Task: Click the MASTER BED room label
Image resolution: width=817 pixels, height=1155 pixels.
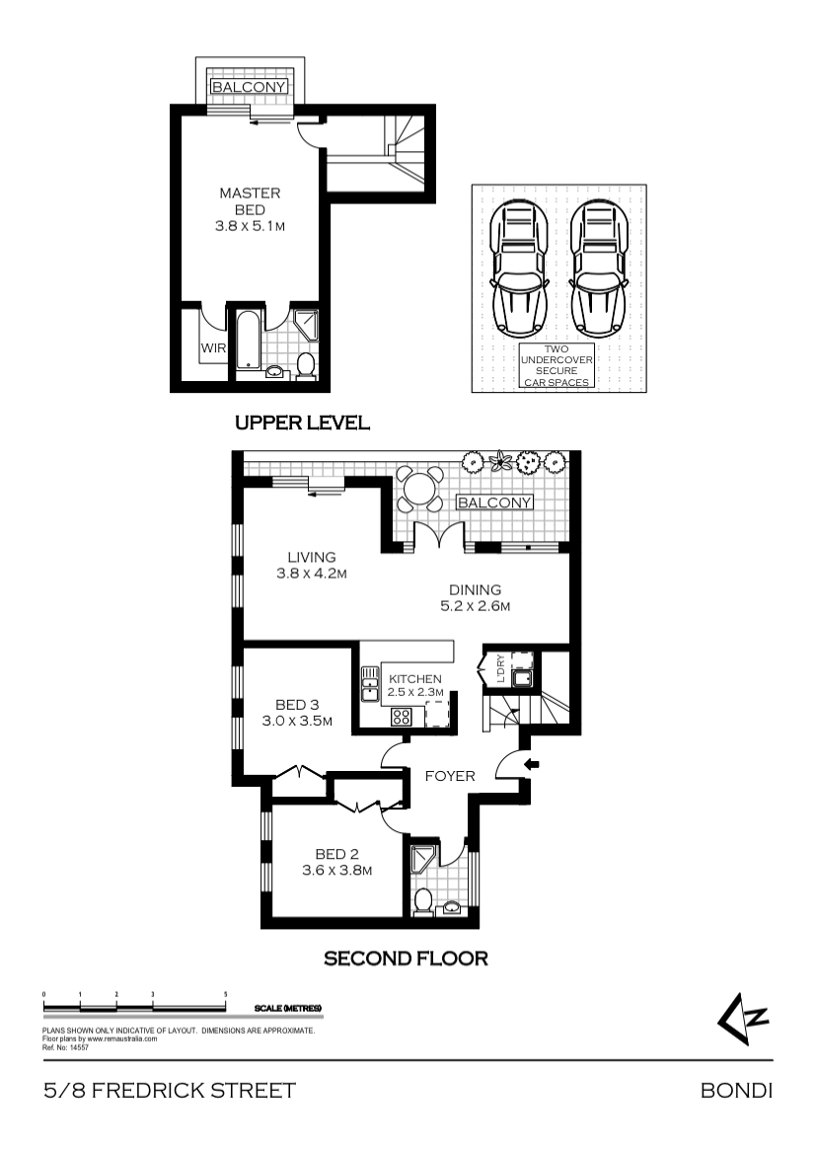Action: (250, 210)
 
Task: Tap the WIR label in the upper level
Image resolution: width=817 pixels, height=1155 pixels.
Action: (213, 348)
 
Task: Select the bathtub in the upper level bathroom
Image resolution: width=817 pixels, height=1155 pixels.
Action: (248, 341)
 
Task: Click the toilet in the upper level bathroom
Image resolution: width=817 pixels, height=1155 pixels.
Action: (306, 365)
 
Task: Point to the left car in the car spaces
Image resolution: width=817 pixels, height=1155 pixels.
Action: (519, 269)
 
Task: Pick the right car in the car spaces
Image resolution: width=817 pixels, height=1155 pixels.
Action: (599, 269)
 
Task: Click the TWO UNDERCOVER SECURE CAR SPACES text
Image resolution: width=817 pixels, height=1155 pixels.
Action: (557, 365)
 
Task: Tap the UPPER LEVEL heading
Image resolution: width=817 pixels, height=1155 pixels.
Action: (302, 423)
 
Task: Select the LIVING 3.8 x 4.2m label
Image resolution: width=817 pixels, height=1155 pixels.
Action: (312, 565)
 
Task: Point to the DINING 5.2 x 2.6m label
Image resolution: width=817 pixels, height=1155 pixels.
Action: (475, 597)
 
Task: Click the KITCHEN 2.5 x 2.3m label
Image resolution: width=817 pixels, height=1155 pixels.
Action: (415, 685)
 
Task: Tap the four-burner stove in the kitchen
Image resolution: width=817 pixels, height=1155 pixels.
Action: (402, 716)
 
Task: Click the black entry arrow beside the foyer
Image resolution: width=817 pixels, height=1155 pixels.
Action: (531, 765)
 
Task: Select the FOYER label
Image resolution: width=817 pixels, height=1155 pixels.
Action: (450, 776)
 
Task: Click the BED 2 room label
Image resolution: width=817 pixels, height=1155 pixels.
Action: (336, 862)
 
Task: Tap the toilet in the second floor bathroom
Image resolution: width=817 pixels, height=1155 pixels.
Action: (423, 901)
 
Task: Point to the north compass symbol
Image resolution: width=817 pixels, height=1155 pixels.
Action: (743, 1019)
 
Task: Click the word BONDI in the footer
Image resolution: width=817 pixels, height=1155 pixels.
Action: (736, 1090)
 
